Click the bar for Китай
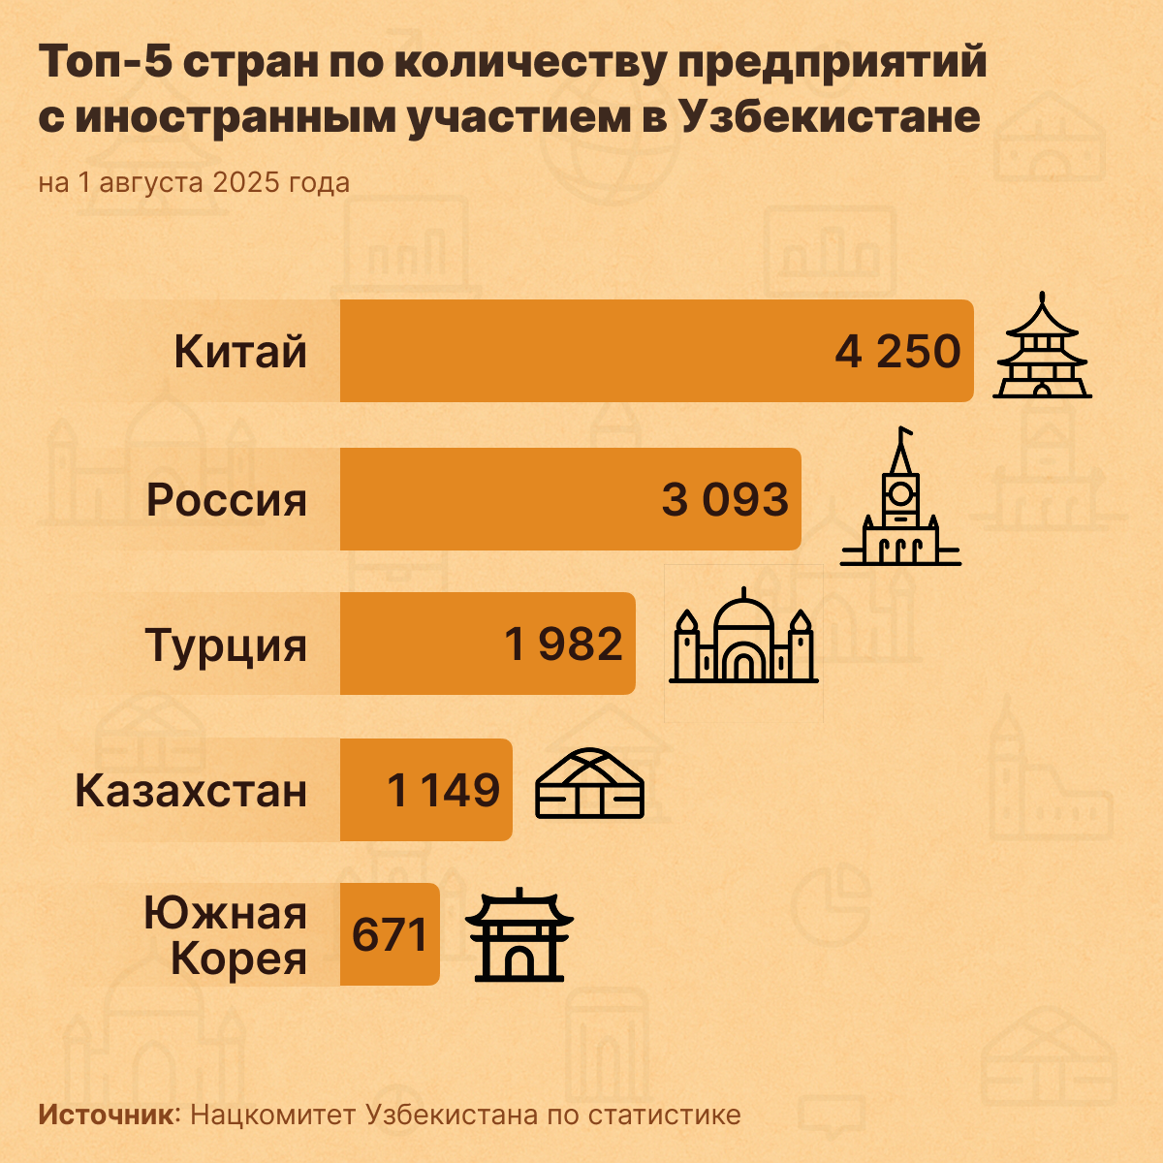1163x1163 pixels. pos(581,351)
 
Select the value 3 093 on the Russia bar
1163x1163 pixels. pos(725,500)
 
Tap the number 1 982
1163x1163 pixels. pos(564,644)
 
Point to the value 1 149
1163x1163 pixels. pos(444,791)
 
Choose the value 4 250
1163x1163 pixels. pos(897,352)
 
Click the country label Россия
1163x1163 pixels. pos(227,500)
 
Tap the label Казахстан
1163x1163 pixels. pos(191,791)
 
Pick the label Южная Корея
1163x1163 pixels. pos(226,936)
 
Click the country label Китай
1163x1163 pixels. pos(240,352)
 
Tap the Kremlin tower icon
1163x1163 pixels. pos(900,498)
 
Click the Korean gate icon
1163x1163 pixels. pos(519,934)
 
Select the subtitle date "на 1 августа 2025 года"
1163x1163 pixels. pos(194,182)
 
